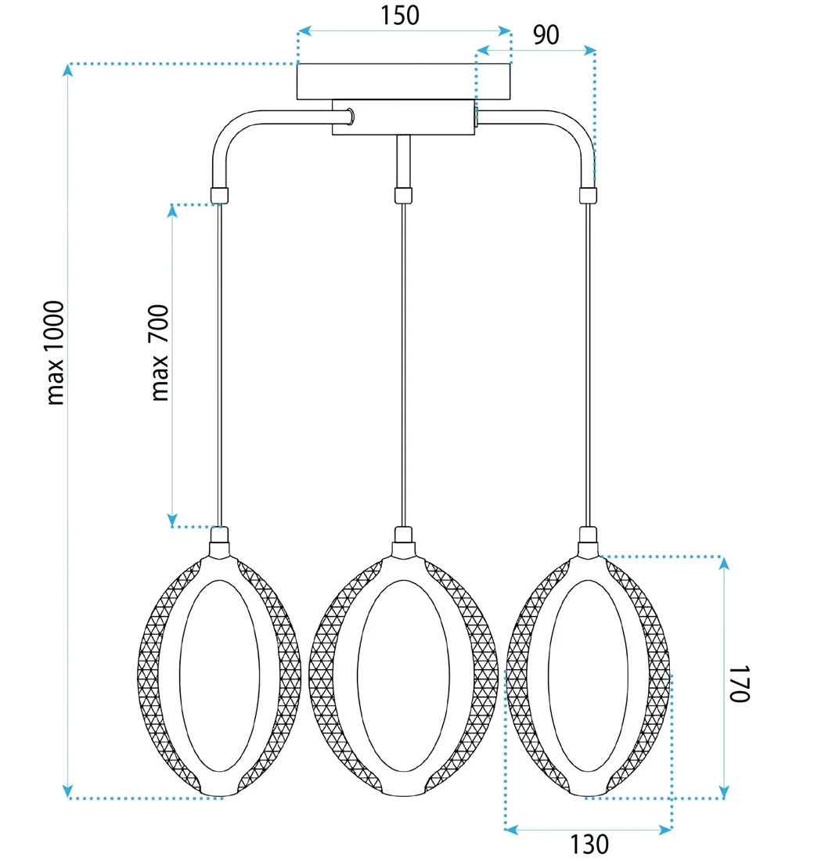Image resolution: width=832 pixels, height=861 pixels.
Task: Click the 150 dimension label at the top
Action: point(399,15)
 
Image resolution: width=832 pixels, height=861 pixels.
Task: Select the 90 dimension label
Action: point(546,34)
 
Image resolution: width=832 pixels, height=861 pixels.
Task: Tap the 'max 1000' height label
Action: point(56,352)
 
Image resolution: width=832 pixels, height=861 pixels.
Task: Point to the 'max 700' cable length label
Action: point(160,353)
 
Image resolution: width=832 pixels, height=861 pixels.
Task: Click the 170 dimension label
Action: point(740,684)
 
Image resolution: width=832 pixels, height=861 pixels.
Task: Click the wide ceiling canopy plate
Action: point(404,81)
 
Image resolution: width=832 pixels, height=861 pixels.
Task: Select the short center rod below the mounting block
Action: point(403,160)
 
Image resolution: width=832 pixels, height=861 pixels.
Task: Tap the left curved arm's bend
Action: point(225,131)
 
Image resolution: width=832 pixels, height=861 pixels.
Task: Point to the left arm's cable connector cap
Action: point(219,196)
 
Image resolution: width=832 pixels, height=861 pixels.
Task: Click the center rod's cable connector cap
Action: point(403,195)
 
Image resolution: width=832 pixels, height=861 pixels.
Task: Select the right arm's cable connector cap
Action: point(588,195)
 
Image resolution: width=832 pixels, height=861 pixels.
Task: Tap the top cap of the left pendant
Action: point(219,536)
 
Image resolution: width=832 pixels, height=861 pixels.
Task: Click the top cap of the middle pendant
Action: point(403,536)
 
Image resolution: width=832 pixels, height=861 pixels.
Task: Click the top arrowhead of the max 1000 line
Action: point(69,70)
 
